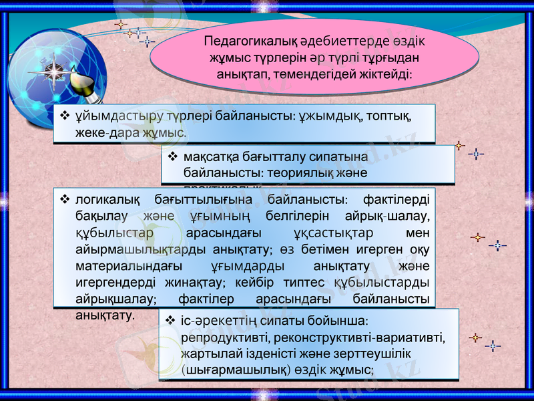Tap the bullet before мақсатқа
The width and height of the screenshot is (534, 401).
click(x=172, y=157)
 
